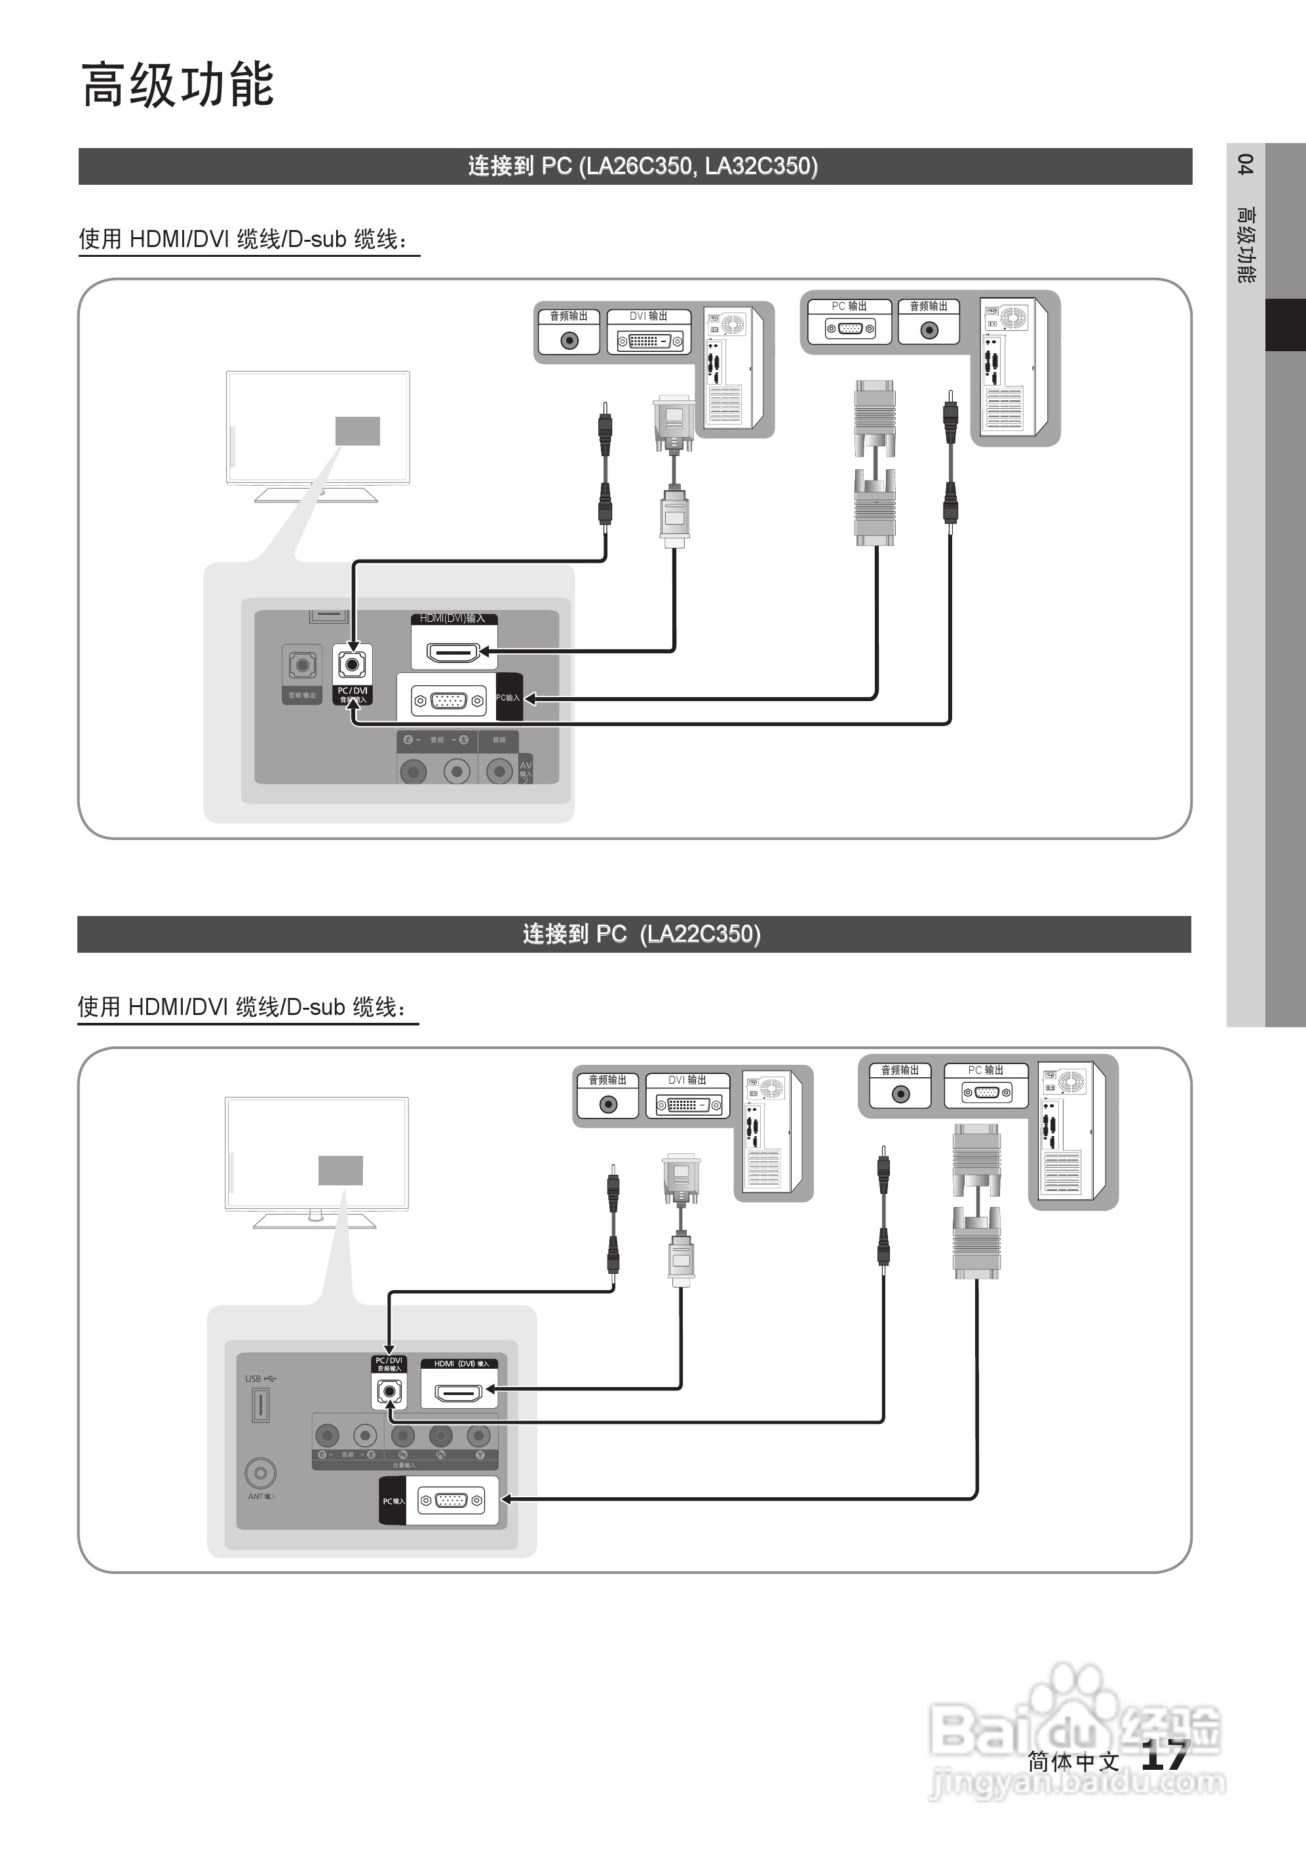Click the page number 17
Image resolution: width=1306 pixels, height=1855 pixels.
(x=1164, y=1755)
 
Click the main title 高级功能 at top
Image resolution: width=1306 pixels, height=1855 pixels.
(x=178, y=85)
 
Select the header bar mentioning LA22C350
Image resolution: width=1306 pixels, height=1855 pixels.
(x=634, y=934)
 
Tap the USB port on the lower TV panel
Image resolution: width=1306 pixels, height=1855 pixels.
(x=260, y=1405)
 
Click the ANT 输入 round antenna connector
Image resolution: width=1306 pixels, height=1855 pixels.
(x=260, y=1473)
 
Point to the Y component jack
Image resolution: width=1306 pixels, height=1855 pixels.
(x=478, y=1436)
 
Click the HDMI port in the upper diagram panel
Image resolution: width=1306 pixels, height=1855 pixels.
(x=453, y=652)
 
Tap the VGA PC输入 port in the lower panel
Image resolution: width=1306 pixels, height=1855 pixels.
(x=451, y=1501)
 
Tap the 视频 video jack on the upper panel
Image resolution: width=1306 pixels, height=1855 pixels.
(x=499, y=772)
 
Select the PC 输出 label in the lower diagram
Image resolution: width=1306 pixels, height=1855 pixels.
(x=985, y=1070)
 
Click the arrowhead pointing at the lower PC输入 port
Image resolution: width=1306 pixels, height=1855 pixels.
(x=508, y=1499)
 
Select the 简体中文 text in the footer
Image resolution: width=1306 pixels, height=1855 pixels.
(x=1073, y=1761)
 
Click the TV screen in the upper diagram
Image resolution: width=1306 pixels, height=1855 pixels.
(x=318, y=427)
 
